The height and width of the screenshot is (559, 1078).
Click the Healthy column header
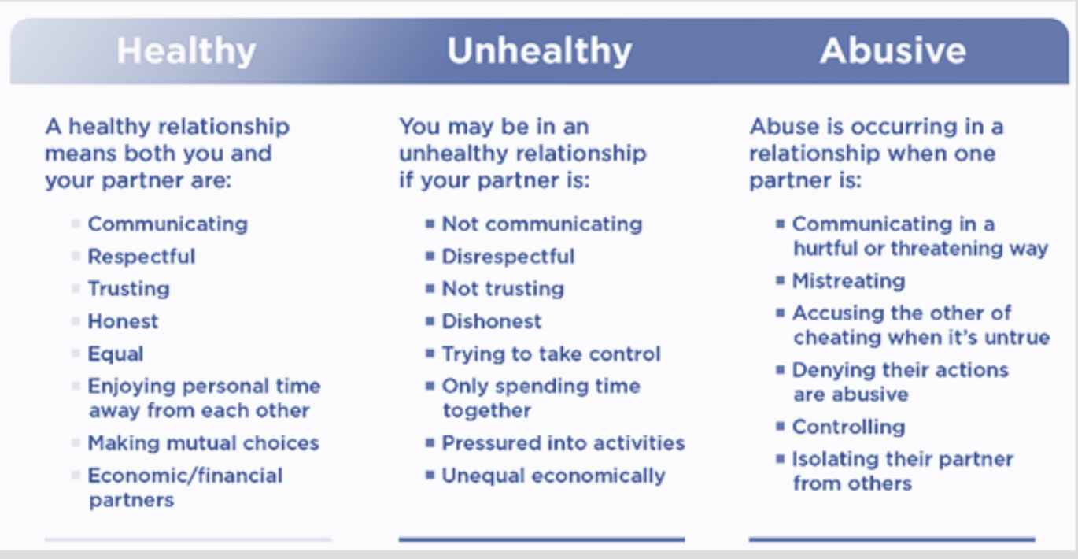pyautogui.click(x=186, y=52)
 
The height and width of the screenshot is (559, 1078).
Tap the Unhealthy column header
pyautogui.click(x=539, y=52)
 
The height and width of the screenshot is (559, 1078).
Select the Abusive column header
pyautogui.click(x=892, y=52)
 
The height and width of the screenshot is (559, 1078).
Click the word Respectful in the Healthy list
pyautogui.click(x=142, y=257)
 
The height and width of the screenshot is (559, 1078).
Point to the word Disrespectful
pyautogui.click(x=508, y=257)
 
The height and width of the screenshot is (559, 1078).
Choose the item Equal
pyautogui.click(x=116, y=354)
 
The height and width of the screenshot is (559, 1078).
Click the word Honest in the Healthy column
pyautogui.click(x=123, y=321)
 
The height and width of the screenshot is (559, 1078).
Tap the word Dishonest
pyautogui.click(x=492, y=321)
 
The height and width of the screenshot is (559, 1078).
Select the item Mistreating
pyautogui.click(x=848, y=281)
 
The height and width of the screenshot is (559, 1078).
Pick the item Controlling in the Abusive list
pyautogui.click(x=848, y=427)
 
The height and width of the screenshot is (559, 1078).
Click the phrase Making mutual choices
pyautogui.click(x=203, y=443)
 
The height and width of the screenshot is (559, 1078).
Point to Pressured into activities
pyautogui.click(x=563, y=443)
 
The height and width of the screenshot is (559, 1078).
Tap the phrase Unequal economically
pyautogui.click(x=553, y=476)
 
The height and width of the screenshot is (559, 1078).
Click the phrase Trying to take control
pyautogui.click(x=551, y=354)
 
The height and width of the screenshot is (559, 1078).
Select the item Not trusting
pyautogui.click(x=503, y=289)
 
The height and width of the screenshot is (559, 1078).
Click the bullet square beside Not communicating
pyautogui.click(x=430, y=224)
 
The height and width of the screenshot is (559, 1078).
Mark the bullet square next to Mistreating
pyautogui.click(x=780, y=280)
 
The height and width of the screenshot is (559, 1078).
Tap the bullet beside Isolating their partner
pyautogui.click(x=780, y=458)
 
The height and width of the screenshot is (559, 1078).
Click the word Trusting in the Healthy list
pyautogui.click(x=128, y=289)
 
